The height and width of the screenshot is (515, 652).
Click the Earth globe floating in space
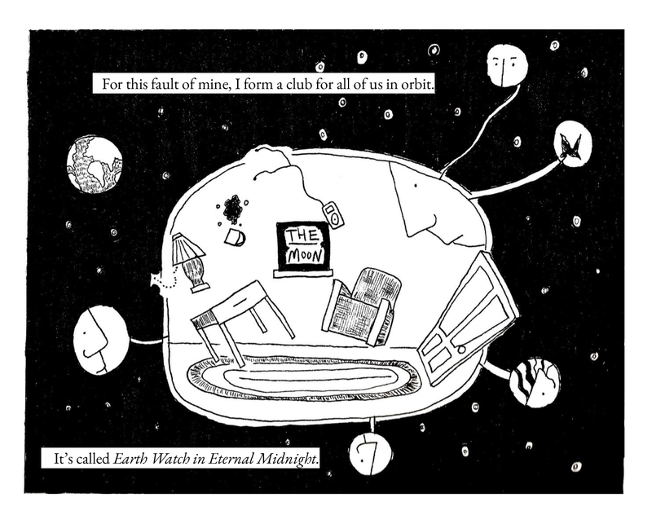pyautogui.click(x=95, y=165)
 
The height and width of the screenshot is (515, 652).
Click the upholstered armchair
pyautogui.click(x=364, y=306)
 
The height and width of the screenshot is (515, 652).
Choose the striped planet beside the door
pyautogui.click(x=535, y=381)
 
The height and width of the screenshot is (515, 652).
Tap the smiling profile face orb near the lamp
pyautogui.click(x=100, y=338)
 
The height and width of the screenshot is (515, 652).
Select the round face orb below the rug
pyautogui.click(x=370, y=454)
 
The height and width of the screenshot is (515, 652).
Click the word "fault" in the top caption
pyautogui.click(x=174, y=84)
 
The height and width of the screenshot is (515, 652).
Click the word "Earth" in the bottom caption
pyautogui.click(x=130, y=459)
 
